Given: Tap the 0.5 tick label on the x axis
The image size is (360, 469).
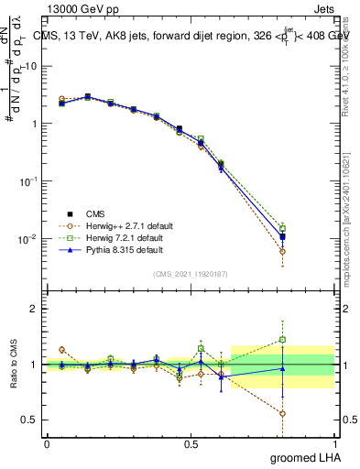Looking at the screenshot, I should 191,443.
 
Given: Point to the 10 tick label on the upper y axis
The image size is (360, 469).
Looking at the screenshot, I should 31,66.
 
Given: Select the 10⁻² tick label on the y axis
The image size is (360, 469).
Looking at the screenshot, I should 28,239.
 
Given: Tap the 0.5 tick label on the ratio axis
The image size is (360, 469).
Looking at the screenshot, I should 31,420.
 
